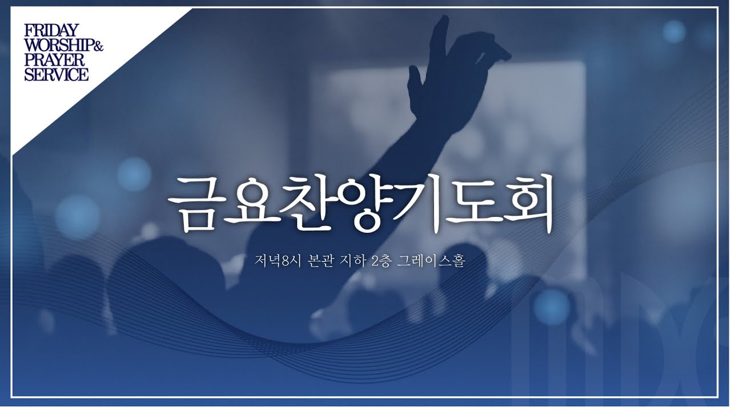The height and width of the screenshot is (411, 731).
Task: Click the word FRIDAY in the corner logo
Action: tap(51, 30)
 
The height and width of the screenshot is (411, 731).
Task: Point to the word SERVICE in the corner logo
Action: tap(56, 74)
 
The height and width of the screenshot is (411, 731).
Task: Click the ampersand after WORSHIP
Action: tap(98, 46)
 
